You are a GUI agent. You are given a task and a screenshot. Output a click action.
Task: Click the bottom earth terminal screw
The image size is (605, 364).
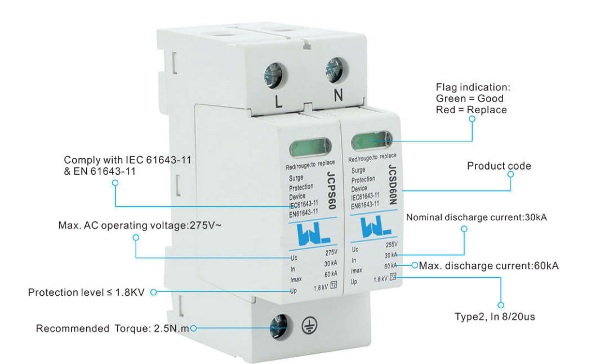tap(278, 325)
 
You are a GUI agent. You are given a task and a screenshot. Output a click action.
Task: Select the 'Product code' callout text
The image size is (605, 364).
tap(499, 166)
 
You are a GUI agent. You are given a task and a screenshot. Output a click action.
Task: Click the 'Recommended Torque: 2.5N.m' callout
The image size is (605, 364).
tap(113, 329)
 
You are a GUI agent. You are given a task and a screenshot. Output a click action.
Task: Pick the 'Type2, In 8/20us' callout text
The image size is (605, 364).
tap(495, 316)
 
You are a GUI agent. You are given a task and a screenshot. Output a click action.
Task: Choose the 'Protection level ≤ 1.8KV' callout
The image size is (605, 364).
tap(88, 292)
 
